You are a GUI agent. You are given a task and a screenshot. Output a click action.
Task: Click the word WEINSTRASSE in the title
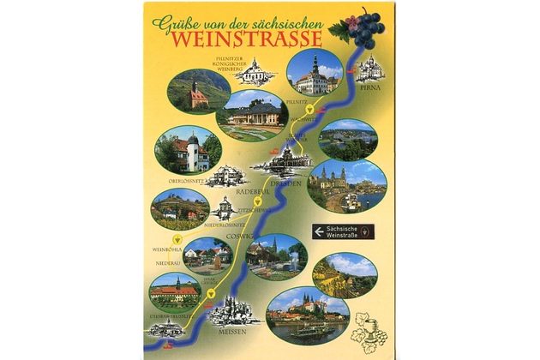point(245,39)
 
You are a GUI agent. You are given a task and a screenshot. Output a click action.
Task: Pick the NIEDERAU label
point(167,264)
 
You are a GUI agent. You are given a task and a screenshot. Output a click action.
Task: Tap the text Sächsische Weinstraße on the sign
point(344,231)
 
